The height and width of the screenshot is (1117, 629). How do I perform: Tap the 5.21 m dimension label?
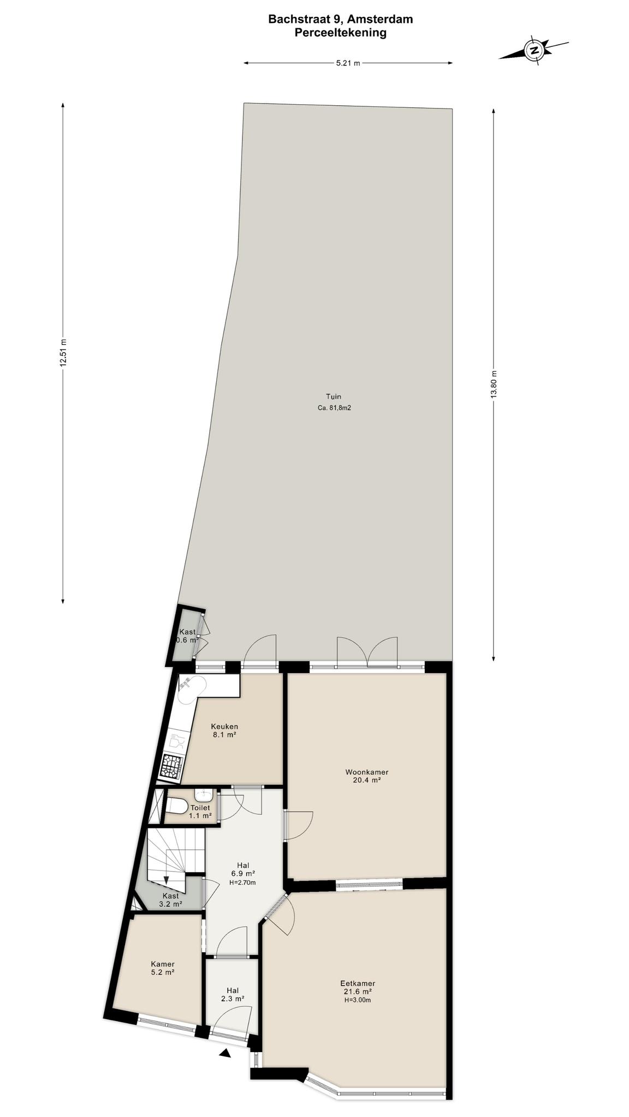coord(348,63)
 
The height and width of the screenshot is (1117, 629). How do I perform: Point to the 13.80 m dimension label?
coord(494,385)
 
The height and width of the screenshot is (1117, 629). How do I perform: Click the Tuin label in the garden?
coord(334,397)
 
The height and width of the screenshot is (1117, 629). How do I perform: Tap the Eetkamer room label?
coord(358,983)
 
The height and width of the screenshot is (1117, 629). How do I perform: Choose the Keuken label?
coord(224,726)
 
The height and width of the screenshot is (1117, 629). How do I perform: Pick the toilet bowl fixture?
coord(177,805)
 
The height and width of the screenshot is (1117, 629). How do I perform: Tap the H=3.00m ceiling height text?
coord(358,1000)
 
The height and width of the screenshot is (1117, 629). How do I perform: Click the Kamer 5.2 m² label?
coord(163,968)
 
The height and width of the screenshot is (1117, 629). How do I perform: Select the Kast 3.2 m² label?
coord(170,900)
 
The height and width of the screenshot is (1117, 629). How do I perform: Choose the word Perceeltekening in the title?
coord(340,33)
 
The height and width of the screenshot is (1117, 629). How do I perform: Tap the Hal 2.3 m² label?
coord(233,994)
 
